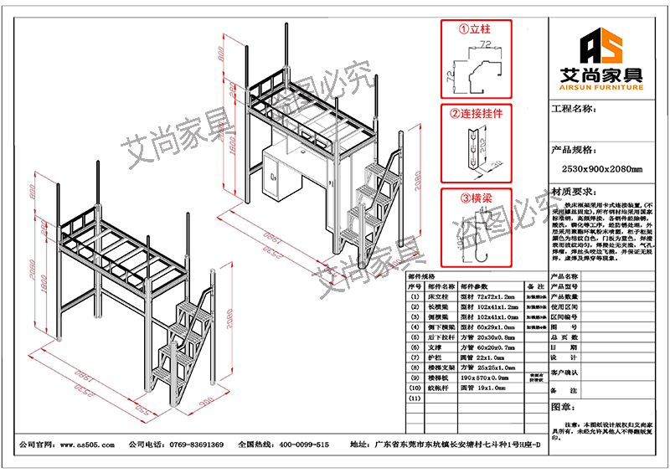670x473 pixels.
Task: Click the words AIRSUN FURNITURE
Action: (x=595, y=87)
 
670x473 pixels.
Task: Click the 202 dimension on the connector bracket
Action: (x=484, y=152)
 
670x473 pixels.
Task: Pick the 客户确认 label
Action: (x=565, y=372)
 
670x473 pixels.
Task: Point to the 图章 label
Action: (x=561, y=407)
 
